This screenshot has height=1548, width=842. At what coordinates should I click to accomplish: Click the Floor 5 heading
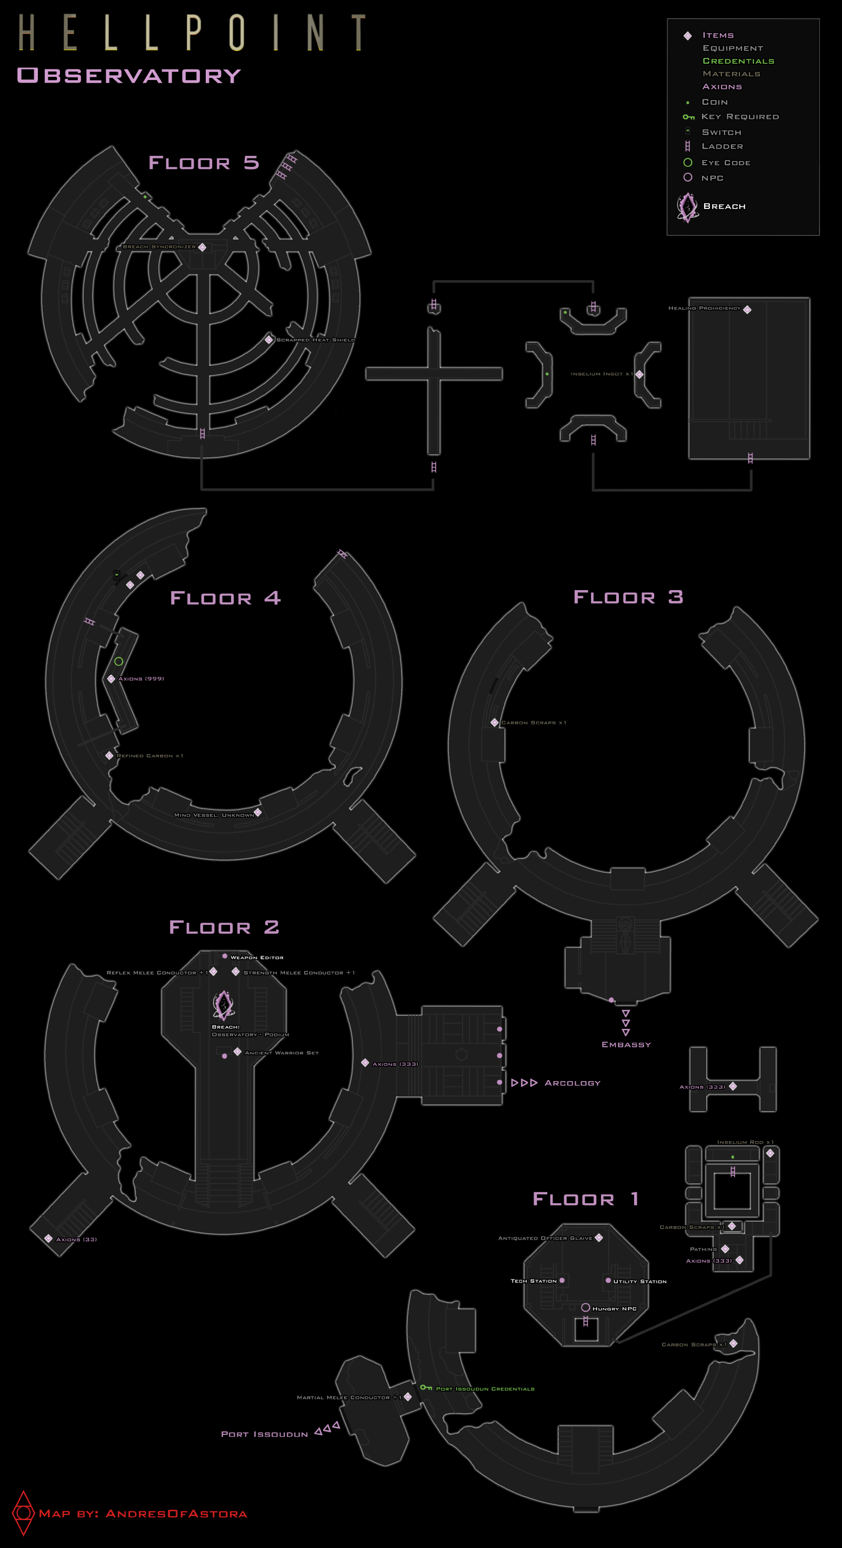point(204,163)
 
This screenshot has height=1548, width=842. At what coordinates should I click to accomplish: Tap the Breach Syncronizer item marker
point(203,247)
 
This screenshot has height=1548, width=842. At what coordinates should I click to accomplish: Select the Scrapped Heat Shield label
point(316,340)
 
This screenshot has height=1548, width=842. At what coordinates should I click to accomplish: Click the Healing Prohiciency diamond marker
point(747,309)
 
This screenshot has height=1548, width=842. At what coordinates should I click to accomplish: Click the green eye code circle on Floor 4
point(119,661)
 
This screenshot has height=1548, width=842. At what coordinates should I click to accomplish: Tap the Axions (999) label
point(141,678)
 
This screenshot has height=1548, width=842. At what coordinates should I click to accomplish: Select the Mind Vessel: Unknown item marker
point(258,813)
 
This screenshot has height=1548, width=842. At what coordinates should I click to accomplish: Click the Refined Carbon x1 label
point(149,755)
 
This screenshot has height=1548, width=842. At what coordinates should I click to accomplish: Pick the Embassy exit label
point(626,1044)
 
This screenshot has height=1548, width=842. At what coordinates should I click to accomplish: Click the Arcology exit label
point(572,1083)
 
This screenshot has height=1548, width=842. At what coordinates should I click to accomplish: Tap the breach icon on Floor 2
point(224,1005)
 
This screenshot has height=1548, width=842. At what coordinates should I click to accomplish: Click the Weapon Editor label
point(257,957)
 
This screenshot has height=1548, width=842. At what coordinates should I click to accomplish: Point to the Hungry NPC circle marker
point(585,1307)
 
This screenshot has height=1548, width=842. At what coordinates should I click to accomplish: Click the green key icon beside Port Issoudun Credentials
point(426,1387)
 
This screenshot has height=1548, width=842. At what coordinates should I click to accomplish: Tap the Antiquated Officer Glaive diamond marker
point(598,1237)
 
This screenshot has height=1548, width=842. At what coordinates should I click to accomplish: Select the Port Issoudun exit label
point(264,1434)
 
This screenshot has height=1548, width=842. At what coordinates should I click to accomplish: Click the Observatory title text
point(129,76)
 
